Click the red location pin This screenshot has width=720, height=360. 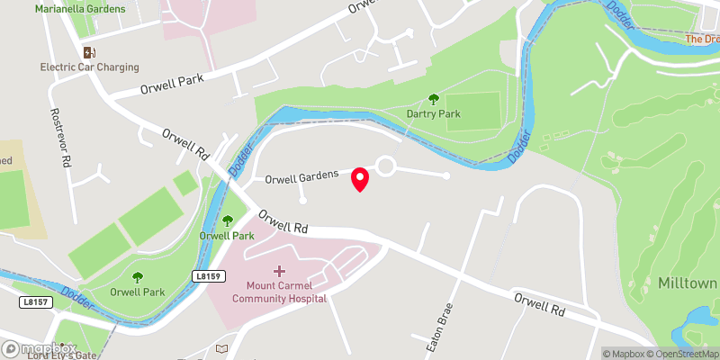(x=360, y=179)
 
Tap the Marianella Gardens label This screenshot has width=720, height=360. (x=78, y=8)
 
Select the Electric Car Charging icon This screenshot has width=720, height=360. (x=89, y=52)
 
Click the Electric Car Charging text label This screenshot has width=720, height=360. (x=89, y=67)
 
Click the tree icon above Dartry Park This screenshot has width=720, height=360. (x=434, y=100)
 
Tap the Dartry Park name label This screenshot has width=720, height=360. (x=433, y=114)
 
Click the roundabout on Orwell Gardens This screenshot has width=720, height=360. (x=387, y=166)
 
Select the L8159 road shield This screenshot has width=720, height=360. (x=206, y=276)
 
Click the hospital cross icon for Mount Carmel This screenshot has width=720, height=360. (x=279, y=271)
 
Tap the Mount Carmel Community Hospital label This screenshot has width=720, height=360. (x=279, y=292)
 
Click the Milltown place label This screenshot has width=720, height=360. (x=688, y=283)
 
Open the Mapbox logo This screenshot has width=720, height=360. (x=39, y=347)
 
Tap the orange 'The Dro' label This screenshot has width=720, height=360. (x=702, y=39)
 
